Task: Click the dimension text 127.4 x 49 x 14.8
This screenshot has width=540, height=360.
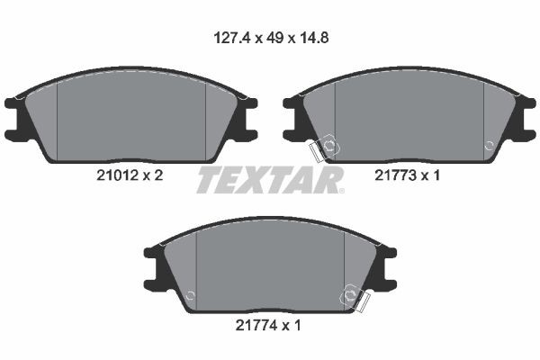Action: [x=271, y=39]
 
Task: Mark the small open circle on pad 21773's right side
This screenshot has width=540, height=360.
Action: [x=488, y=144]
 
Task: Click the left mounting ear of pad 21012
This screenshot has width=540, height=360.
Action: [x=18, y=118]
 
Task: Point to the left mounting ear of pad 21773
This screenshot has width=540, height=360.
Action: [x=296, y=118]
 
